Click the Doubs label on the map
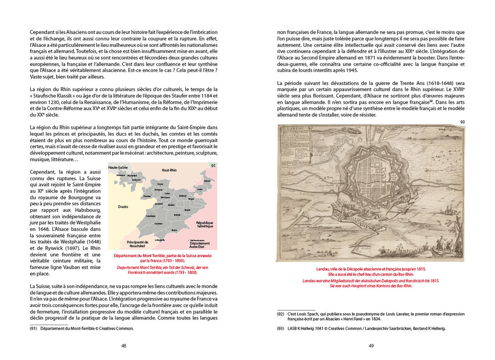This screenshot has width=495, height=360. point(123,206)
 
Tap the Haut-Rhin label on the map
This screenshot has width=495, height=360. point(172,171)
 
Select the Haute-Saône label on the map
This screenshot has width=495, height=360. point(118,167)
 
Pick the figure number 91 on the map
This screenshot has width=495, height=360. point(213,166)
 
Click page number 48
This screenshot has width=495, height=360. point(124,346)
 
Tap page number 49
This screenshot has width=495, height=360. point(371,346)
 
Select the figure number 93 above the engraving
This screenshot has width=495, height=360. point(462,122)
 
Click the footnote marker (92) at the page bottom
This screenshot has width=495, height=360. point(280,314)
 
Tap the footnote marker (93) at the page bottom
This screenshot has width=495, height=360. point(280,329)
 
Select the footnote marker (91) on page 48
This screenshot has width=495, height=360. point(33,328)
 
